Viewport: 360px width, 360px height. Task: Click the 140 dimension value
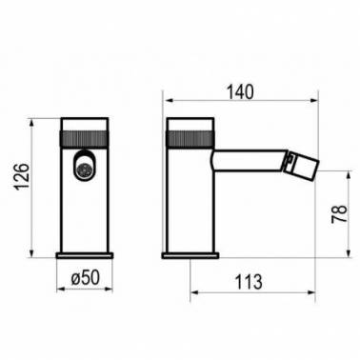(240, 92)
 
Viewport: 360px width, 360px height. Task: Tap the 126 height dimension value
(23, 176)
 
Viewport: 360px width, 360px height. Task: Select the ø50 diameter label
(86, 277)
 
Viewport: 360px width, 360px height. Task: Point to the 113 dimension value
(249, 282)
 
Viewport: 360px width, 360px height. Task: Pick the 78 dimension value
(339, 214)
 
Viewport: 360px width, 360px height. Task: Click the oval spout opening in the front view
(84, 165)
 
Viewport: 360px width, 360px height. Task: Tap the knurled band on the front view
(85, 138)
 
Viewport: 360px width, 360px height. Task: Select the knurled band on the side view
(191, 138)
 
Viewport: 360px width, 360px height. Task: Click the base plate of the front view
(85, 255)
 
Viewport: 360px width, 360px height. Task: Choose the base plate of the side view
(190, 255)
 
